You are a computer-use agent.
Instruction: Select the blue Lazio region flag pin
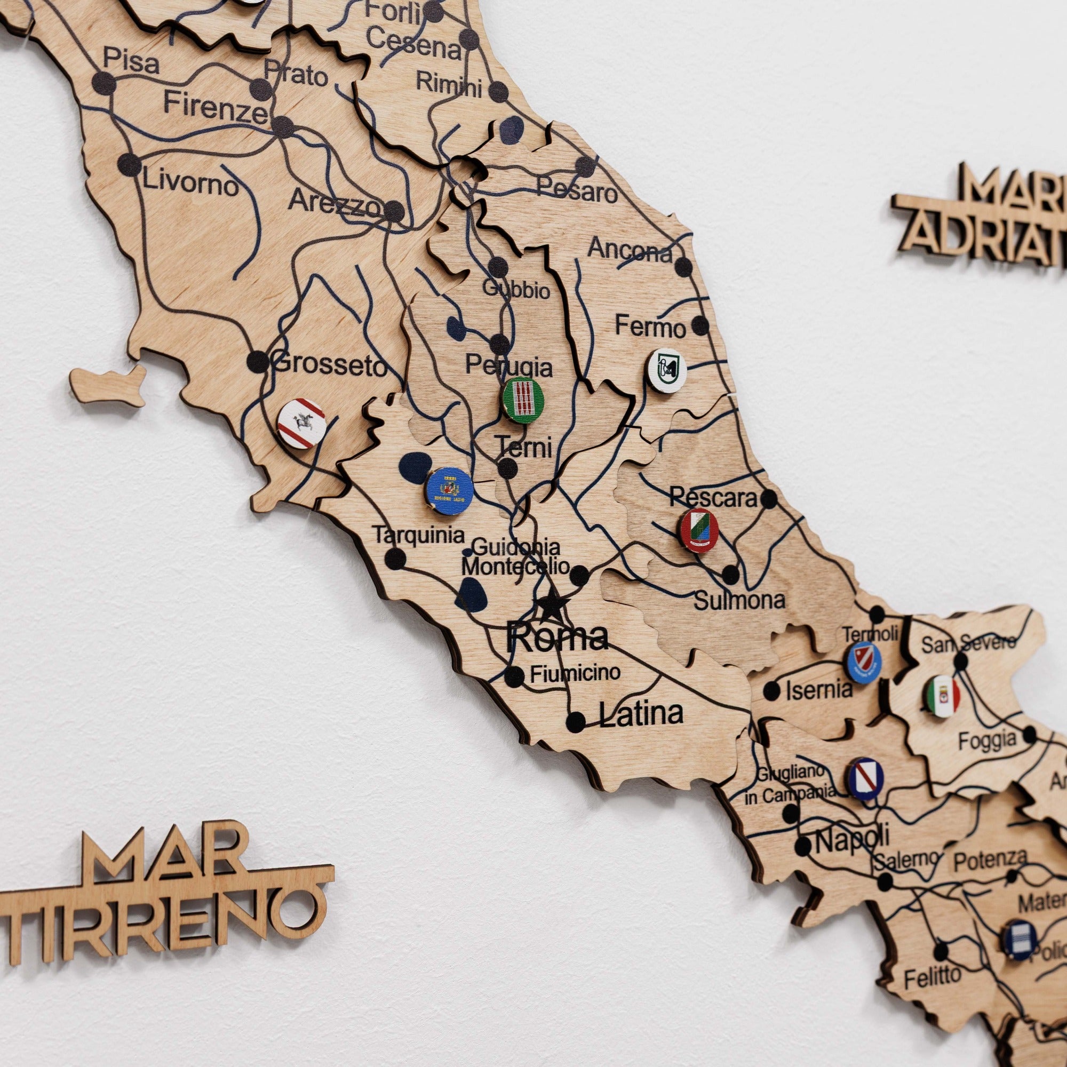(449, 489)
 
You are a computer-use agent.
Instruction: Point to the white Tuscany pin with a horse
(300, 424)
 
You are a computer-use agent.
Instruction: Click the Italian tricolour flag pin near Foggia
(942, 695)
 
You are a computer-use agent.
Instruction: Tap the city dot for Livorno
(130, 164)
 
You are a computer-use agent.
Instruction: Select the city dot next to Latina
(576, 720)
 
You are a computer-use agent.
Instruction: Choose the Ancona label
(630, 250)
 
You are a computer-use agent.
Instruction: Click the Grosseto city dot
(257, 362)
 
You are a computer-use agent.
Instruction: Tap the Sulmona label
(738, 600)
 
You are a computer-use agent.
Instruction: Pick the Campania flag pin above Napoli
(865, 779)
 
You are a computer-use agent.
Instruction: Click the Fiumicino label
(575, 673)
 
